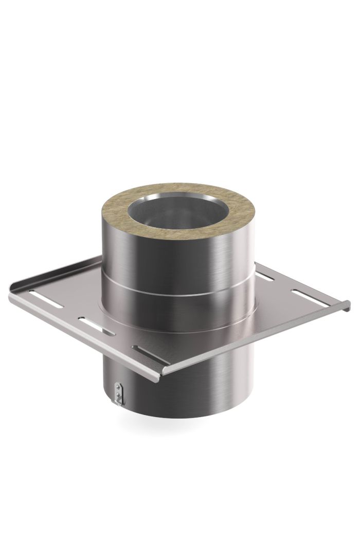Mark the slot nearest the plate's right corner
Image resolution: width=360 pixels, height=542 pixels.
[304, 297]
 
